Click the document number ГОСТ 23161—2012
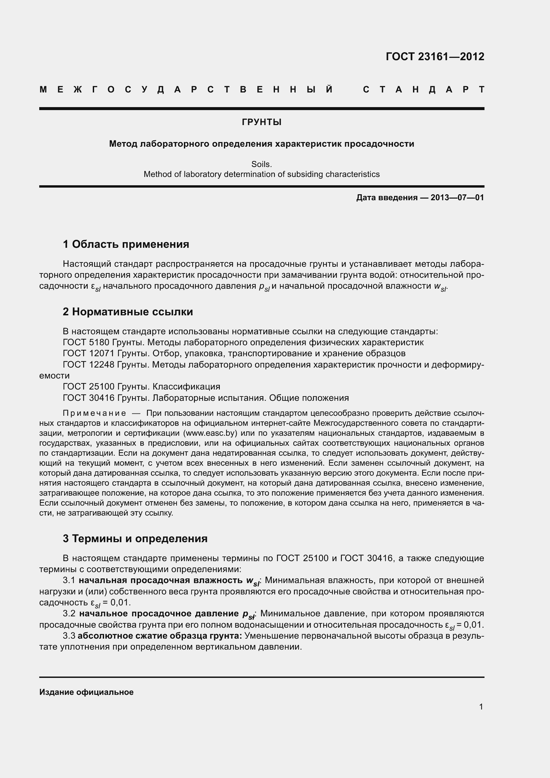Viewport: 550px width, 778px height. coord(435,57)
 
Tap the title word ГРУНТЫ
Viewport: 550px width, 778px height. coord(261,122)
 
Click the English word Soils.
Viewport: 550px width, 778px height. coord(261,164)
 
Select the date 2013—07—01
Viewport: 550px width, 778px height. coord(457,198)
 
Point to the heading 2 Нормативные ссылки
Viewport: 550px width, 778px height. coord(128,311)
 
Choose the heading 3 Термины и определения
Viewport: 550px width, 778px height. coord(135,539)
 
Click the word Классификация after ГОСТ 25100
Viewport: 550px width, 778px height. coord(186,387)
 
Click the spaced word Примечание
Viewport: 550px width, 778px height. coord(94,413)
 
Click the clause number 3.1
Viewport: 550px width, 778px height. coord(69,580)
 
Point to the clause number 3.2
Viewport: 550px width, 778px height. coord(69,614)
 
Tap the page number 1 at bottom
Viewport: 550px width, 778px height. coord(481,707)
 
